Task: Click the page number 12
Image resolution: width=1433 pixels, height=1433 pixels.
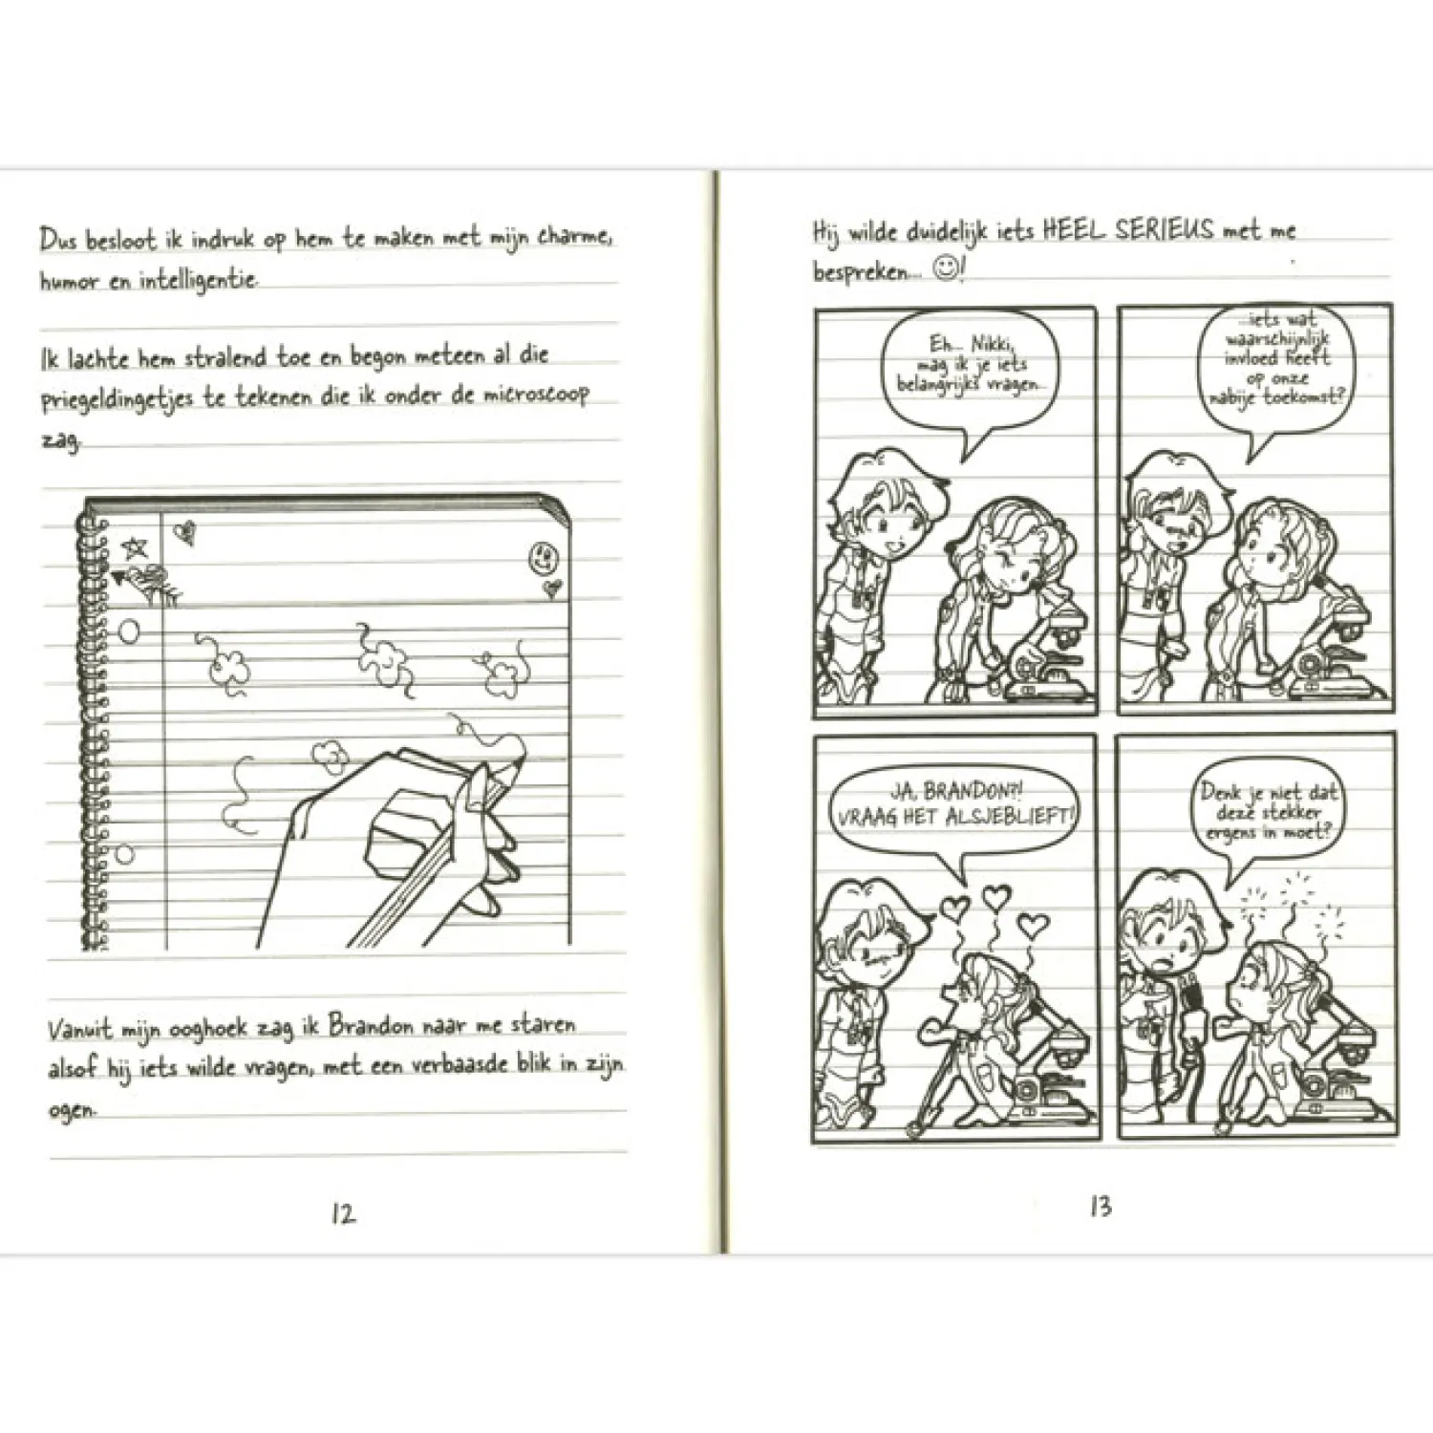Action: (343, 1214)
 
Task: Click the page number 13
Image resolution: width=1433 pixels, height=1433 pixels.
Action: (1101, 1207)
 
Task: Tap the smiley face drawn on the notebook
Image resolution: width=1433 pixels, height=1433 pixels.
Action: (543, 557)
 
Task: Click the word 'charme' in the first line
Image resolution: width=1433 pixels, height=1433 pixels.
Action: (574, 236)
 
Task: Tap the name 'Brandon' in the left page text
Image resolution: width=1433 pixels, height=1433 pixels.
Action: (371, 1025)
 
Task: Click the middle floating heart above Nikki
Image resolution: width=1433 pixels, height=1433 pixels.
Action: (995, 897)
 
